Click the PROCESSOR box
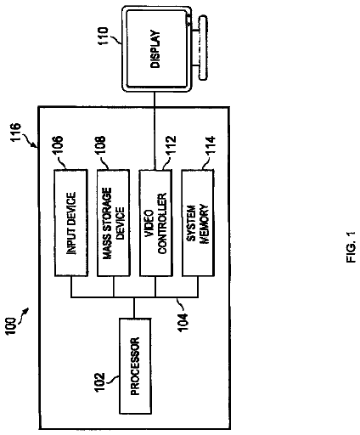pyautogui.click(x=135, y=366)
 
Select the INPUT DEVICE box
pyautogui.click(x=70, y=223)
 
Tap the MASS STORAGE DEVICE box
pyautogui.click(x=114, y=223)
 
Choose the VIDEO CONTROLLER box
pyautogui.click(x=155, y=223)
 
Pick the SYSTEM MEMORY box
pyautogui.click(x=198, y=223)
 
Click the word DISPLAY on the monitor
pyautogui.click(x=155, y=48)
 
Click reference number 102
pyautogui.click(x=99, y=382)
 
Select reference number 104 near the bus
pyautogui.click(x=183, y=321)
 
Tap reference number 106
pyautogui.click(x=58, y=145)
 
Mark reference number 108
pyautogui.click(x=100, y=145)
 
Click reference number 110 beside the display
pyautogui.click(x=102, y=36)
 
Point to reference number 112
pyautogui.click(x=171, y=145)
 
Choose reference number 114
pyautogui.click(x=211, y=145)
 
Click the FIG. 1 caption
pyautogui.click(x=351, y=247)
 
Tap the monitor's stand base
pyautogui.click(x=203, y=48)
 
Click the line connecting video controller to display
pyautogui.click(x=155, y=131)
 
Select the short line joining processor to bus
pyautogui.click(x=135, y=308)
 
